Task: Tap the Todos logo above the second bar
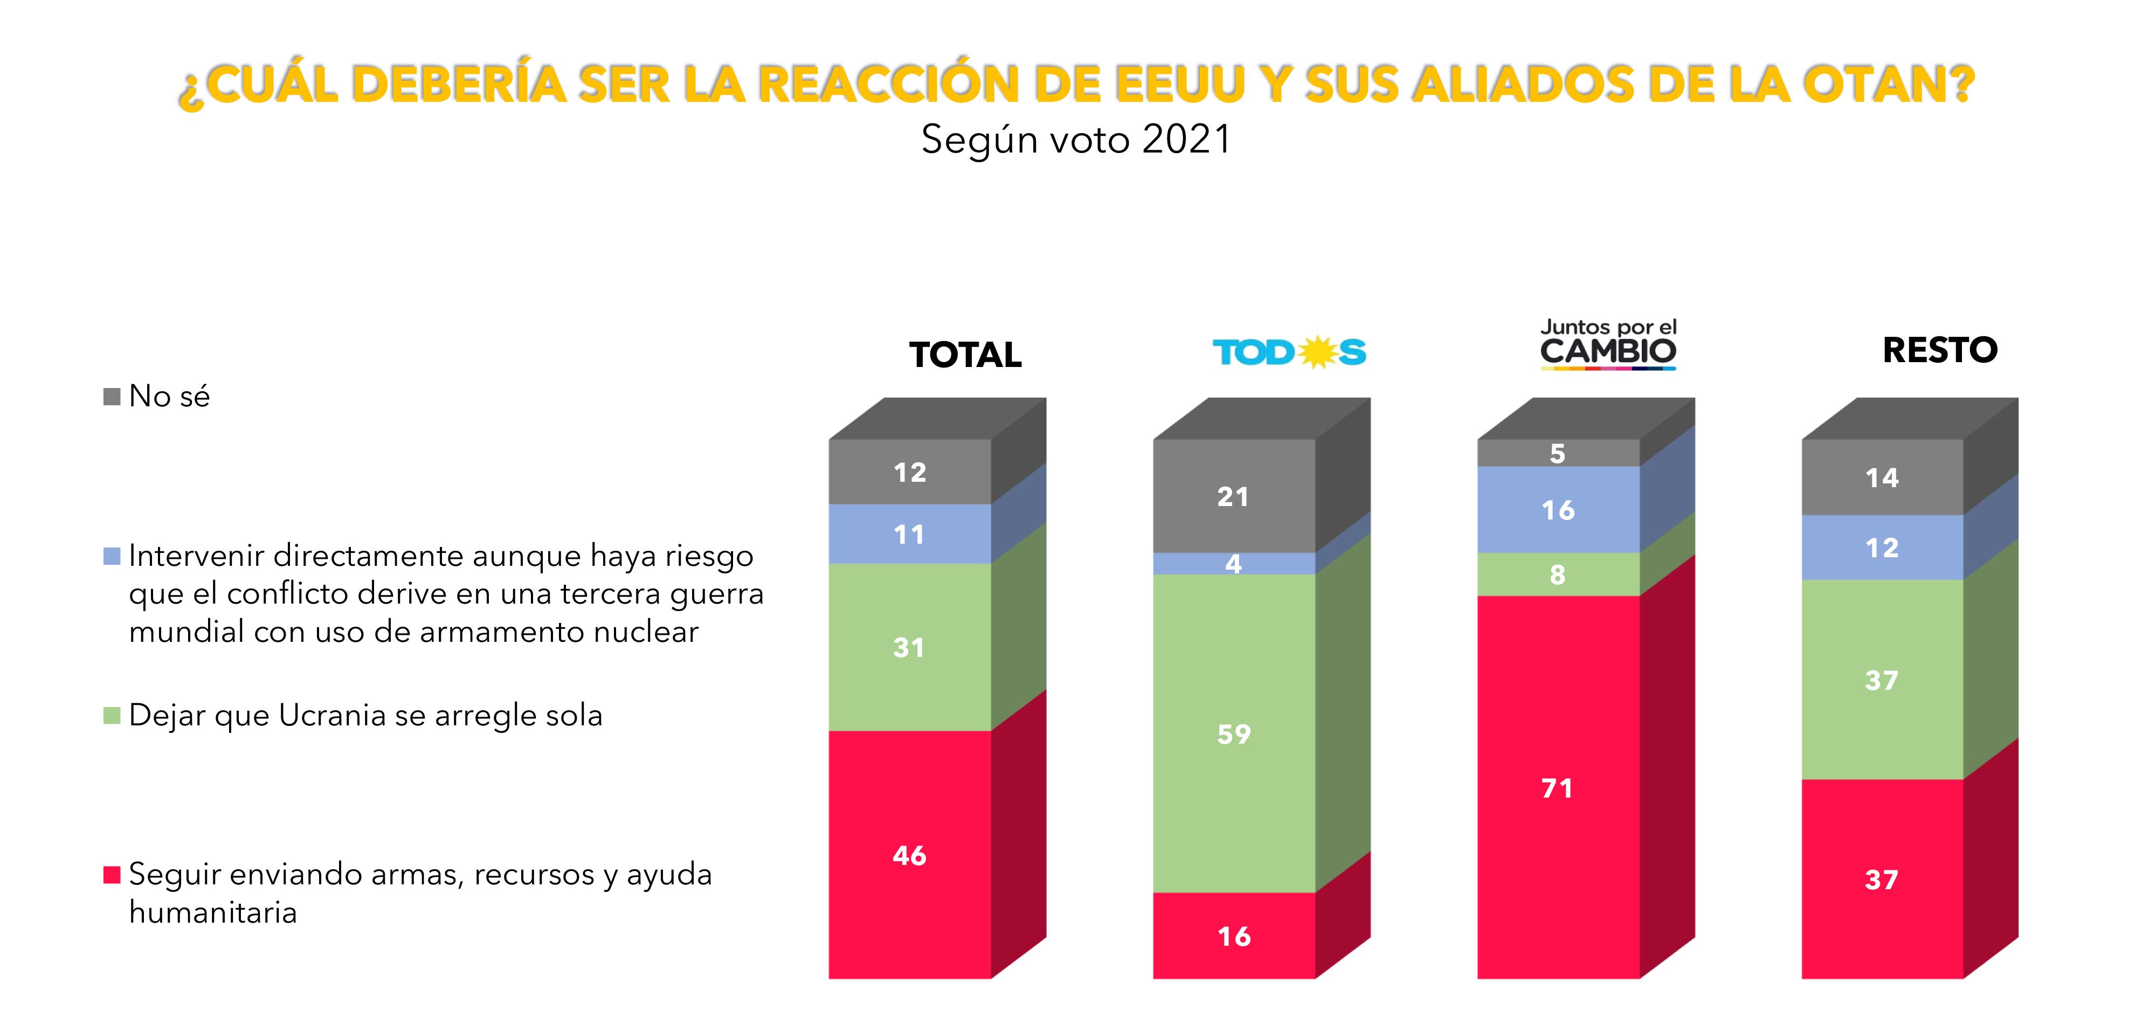click(x=1289, y=352)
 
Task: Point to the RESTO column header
click(x=1939, y=350)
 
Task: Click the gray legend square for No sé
click(x=112, y=396)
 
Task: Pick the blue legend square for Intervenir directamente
click(x=112, y=556)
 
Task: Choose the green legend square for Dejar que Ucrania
click(x=112, y=716)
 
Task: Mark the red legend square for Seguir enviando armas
click(x=112, y=875)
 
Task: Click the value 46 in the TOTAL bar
click(x=909, y=855)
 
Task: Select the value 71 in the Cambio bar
click(x=1557, y=788)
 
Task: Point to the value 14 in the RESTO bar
click(x=1882, y=478)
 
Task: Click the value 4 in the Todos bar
click(x=1233, y=564)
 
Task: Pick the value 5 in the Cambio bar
click(x=1557, y=454)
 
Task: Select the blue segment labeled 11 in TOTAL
click(x=909, y=534)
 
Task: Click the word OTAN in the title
click(x=1888, y=85)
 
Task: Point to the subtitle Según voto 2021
click(x=1076, y=139)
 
